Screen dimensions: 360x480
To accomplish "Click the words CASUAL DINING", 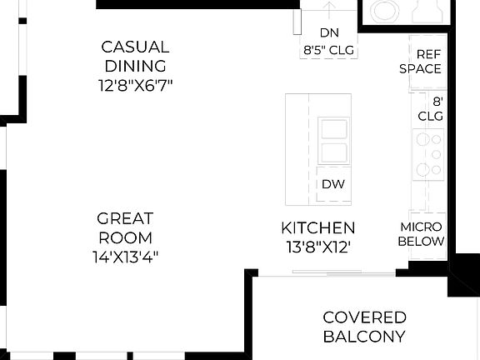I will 135,57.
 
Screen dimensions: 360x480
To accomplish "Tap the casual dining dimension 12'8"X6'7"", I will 135,85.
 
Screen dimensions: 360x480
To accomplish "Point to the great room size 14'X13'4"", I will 126,257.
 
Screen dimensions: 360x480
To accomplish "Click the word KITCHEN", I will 318,227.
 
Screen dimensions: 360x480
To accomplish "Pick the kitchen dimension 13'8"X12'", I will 318,247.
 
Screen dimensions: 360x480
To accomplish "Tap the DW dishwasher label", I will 332,185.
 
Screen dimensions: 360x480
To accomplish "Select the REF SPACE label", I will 420,60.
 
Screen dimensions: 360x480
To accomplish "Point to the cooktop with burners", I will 430,154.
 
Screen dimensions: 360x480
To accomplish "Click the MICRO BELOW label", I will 421,234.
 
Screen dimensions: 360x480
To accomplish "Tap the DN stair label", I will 328,33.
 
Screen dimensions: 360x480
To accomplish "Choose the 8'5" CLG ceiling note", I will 328,50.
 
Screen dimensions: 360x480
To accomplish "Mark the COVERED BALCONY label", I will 364,327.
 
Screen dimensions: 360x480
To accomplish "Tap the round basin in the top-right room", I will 385,10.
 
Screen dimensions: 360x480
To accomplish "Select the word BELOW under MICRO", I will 421,242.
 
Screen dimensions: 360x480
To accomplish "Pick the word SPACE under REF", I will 420,68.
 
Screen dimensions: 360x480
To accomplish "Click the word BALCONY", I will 364,337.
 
